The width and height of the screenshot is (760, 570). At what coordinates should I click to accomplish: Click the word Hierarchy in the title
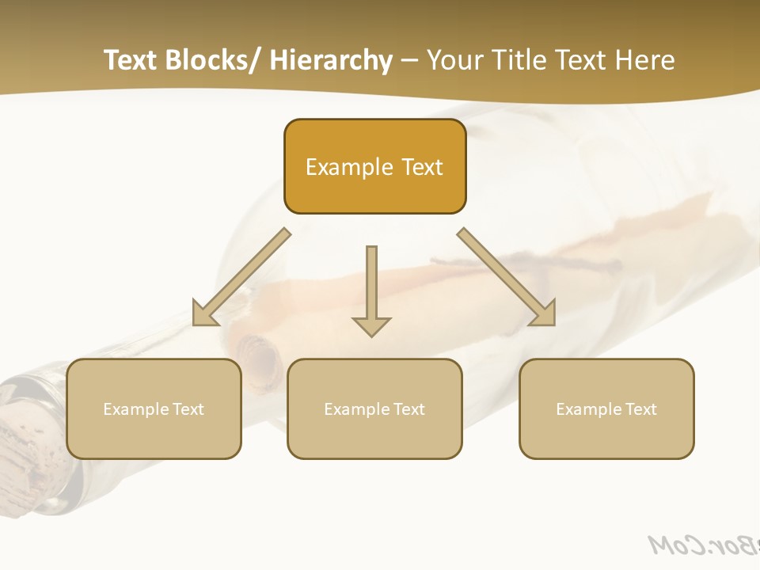pos(331,60)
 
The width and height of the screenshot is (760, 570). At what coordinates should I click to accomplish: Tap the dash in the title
pos(409,60)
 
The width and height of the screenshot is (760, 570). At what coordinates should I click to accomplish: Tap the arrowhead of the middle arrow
pos(371,326)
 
